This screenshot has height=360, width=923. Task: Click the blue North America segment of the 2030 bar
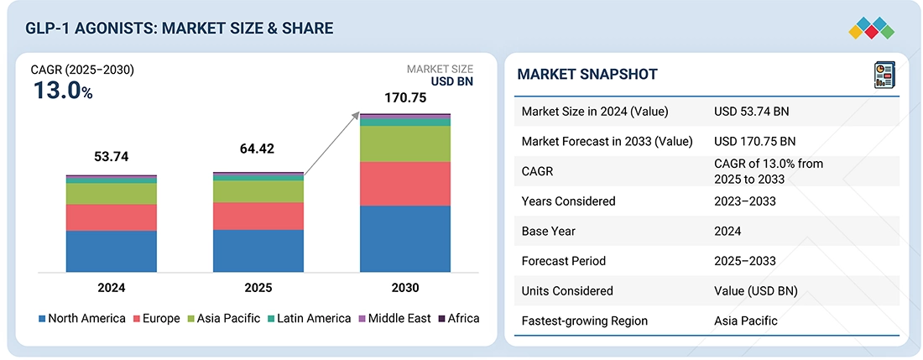coord(405,238)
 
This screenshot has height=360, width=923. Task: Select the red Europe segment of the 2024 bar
coord(112,217)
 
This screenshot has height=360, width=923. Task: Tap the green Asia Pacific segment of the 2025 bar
coord(258,191)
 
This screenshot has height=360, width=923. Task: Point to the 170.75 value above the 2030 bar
coord(405,98)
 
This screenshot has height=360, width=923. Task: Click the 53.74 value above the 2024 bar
coord(112,157)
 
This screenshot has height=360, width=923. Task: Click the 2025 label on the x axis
coord(258,287)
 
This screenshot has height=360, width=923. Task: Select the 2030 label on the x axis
coord(405,287)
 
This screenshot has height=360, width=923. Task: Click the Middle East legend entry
coord(394,318)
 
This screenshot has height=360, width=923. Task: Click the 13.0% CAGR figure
coord(62,91)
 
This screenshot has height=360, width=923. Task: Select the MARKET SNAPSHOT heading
coord(587,75)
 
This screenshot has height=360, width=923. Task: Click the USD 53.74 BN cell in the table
coord(751,111)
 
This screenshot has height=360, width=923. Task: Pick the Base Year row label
coord(550,231)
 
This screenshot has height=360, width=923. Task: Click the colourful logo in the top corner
coord(871,28)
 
